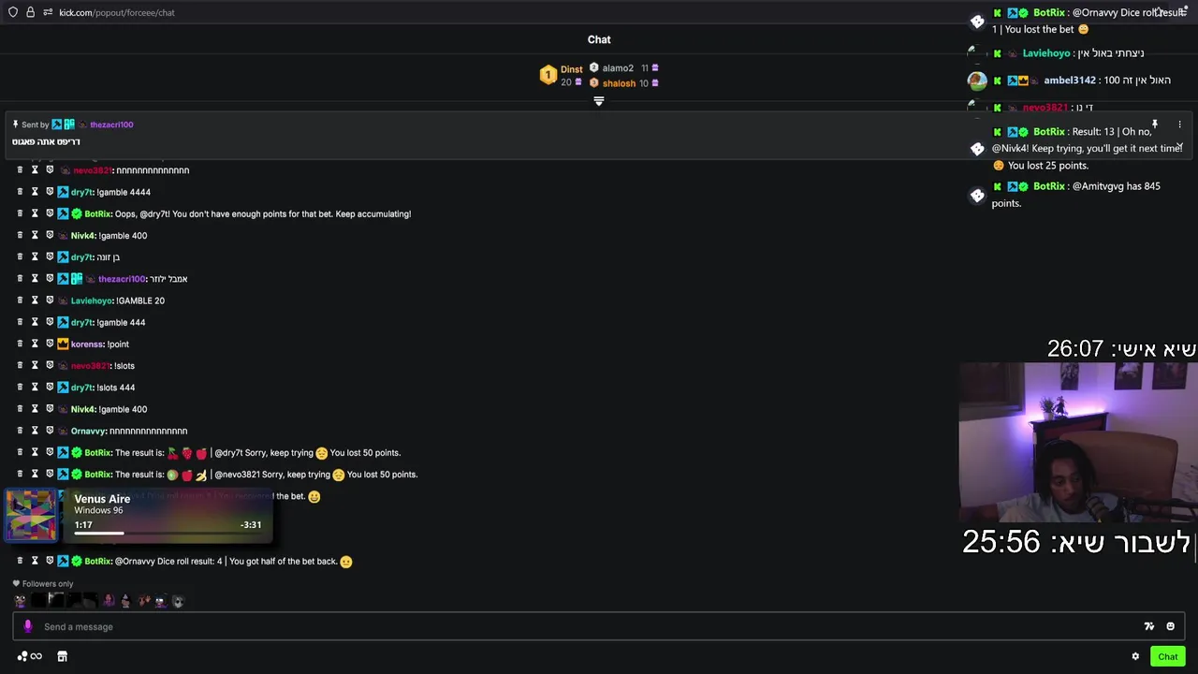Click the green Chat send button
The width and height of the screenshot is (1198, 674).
tap(1167, 656)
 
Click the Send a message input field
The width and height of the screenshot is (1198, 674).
tap(562, 626)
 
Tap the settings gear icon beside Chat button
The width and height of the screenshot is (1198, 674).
tap(1135, 656)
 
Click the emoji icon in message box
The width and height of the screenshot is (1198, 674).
tap(1170, 626)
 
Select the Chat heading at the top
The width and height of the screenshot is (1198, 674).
tap(599, 39)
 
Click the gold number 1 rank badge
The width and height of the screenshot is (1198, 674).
tap(548, 75)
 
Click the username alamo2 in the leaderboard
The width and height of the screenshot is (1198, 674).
tap(618, 68)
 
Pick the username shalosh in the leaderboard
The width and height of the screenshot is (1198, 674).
tap(619, 83)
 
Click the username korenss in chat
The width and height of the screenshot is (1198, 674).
tap(87, 344)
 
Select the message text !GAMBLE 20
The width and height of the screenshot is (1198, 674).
tap(140, 300)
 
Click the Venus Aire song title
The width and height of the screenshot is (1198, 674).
tap(102, 499)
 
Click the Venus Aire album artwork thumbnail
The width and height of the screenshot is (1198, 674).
tap(31, 515)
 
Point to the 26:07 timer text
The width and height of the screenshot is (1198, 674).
tap(1075, 349)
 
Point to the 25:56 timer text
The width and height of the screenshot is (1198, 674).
tap(1001, 542)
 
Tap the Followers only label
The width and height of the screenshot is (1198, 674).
tap(48, 584)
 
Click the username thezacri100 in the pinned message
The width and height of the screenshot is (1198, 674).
tap(111, 125)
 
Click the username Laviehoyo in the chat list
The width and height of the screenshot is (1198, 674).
tap(92, 300)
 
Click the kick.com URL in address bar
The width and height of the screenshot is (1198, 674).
tap(117, 12)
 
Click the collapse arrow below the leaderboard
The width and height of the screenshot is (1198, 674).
tap(599, 101)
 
